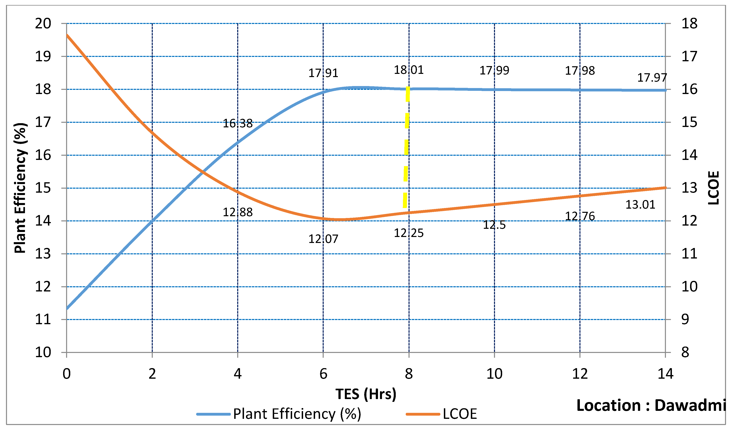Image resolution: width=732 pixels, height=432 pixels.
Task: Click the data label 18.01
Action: [409, 70]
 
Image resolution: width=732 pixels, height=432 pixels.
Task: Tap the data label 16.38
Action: [238, 123]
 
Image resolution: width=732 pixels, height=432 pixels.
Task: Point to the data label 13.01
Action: [640, 205]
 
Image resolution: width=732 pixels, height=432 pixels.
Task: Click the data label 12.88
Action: [238, 212]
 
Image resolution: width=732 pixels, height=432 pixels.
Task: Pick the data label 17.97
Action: [652, 77]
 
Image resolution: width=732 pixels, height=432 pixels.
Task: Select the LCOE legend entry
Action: [459, 414]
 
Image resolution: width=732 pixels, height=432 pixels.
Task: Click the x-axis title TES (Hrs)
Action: [366, 394]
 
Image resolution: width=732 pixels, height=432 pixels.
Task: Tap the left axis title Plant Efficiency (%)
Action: [20, 188]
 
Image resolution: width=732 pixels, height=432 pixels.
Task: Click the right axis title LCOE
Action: [713, 188]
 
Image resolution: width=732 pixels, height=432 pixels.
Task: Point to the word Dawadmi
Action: [689, 405]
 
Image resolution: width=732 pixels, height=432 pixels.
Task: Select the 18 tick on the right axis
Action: [689, 23]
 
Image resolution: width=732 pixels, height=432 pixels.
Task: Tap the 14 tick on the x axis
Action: [665, 374]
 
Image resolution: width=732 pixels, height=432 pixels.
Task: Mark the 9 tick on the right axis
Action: [685, 319]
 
